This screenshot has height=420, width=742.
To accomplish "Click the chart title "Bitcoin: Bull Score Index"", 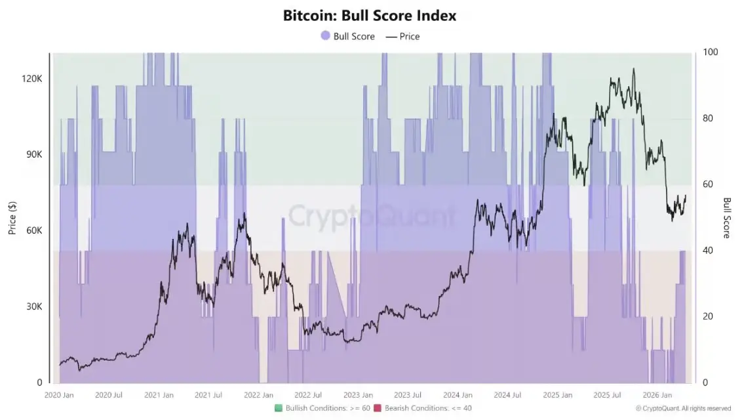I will click(x=370, y=15).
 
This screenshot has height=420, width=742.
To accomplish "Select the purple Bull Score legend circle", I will click(x=325, y=36).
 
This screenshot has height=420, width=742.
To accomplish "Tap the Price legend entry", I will click(x=403, y=36).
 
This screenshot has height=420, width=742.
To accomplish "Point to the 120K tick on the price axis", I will click(x=31, y=79).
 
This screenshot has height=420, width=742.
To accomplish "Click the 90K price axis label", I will click(x=32, y=155).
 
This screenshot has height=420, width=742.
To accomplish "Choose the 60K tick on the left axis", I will click(x=32, y=231).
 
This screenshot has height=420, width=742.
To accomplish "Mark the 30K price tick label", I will click(x=32, y=306).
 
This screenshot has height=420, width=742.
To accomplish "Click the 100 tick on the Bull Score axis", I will click(x=710, y=52).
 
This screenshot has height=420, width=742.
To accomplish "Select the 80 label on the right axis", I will click(x=708, y=119).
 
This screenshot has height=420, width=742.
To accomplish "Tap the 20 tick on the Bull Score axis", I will click(x=708, y=316).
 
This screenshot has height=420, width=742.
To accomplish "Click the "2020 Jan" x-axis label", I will click(x=59, y=395).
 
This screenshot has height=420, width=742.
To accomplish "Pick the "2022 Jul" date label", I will click(x=307, y=395).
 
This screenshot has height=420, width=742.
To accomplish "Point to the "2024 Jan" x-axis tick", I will click(x=458, y=395).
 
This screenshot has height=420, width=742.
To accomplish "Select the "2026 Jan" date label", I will click(x=657, y=395).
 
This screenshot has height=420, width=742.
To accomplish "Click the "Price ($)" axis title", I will click(x=12, y=217).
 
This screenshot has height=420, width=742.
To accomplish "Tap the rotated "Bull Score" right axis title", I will click(x=727, y=217).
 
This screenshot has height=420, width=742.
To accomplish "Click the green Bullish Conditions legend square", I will click(x=279, y=408).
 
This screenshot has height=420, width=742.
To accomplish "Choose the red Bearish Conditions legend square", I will click(x=378, y=408).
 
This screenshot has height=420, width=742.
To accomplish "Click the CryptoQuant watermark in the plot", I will click(x=372, y=215).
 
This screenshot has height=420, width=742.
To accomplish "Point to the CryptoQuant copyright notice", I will click(x=683, y=408).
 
